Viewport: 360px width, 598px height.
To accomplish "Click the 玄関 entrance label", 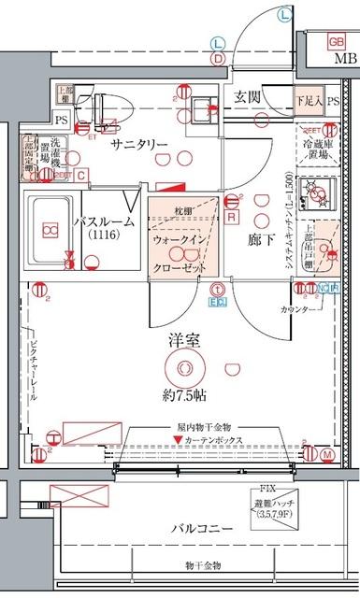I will coord(247,95).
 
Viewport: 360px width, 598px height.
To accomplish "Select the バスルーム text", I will coord(105,221).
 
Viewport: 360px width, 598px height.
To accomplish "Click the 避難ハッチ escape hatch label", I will coord(281,505).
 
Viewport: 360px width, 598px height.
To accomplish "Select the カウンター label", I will coord(295,308).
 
